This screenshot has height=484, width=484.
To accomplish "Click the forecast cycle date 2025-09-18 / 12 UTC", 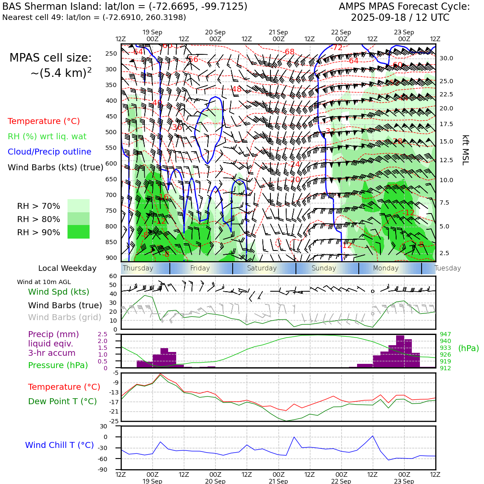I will pyautogui.click(x=400, y=18).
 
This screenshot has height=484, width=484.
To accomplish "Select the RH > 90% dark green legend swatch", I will pyautogui.click(x=79, y=232).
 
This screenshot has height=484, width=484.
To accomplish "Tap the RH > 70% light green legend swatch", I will pyautogui.click(x=79, y=205).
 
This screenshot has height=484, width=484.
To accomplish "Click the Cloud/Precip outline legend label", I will pyautogui.click(x=49, y=152).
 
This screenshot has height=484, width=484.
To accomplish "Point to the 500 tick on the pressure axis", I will pyautogui.click(x=111, y=132).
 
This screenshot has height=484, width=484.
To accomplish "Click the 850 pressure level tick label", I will pyautogui.click(x=111, y=242).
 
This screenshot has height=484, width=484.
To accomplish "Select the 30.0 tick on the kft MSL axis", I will pyautogui.click(x=446, y=58).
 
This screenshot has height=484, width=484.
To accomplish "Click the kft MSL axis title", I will pyautogui.click(x=465, y=150).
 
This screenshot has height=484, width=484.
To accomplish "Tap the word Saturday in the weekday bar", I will pyautogui.click(x=262, y=268).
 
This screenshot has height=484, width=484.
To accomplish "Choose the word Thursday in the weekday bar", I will pyautogui.click(x=138, y=268).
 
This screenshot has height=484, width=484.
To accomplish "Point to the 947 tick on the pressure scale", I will pyautogui.click(x=445, y=335).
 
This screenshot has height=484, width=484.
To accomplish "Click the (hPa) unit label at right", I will pyautogui.click(x=468, y=348).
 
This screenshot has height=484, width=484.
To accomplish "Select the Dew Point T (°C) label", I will pyautogui.click(x=62, y=401).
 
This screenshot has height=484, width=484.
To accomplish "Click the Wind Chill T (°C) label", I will pyautogui.click(x=59, y=445).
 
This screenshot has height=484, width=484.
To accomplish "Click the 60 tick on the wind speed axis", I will pyautogui.click(x=113, y=276).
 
